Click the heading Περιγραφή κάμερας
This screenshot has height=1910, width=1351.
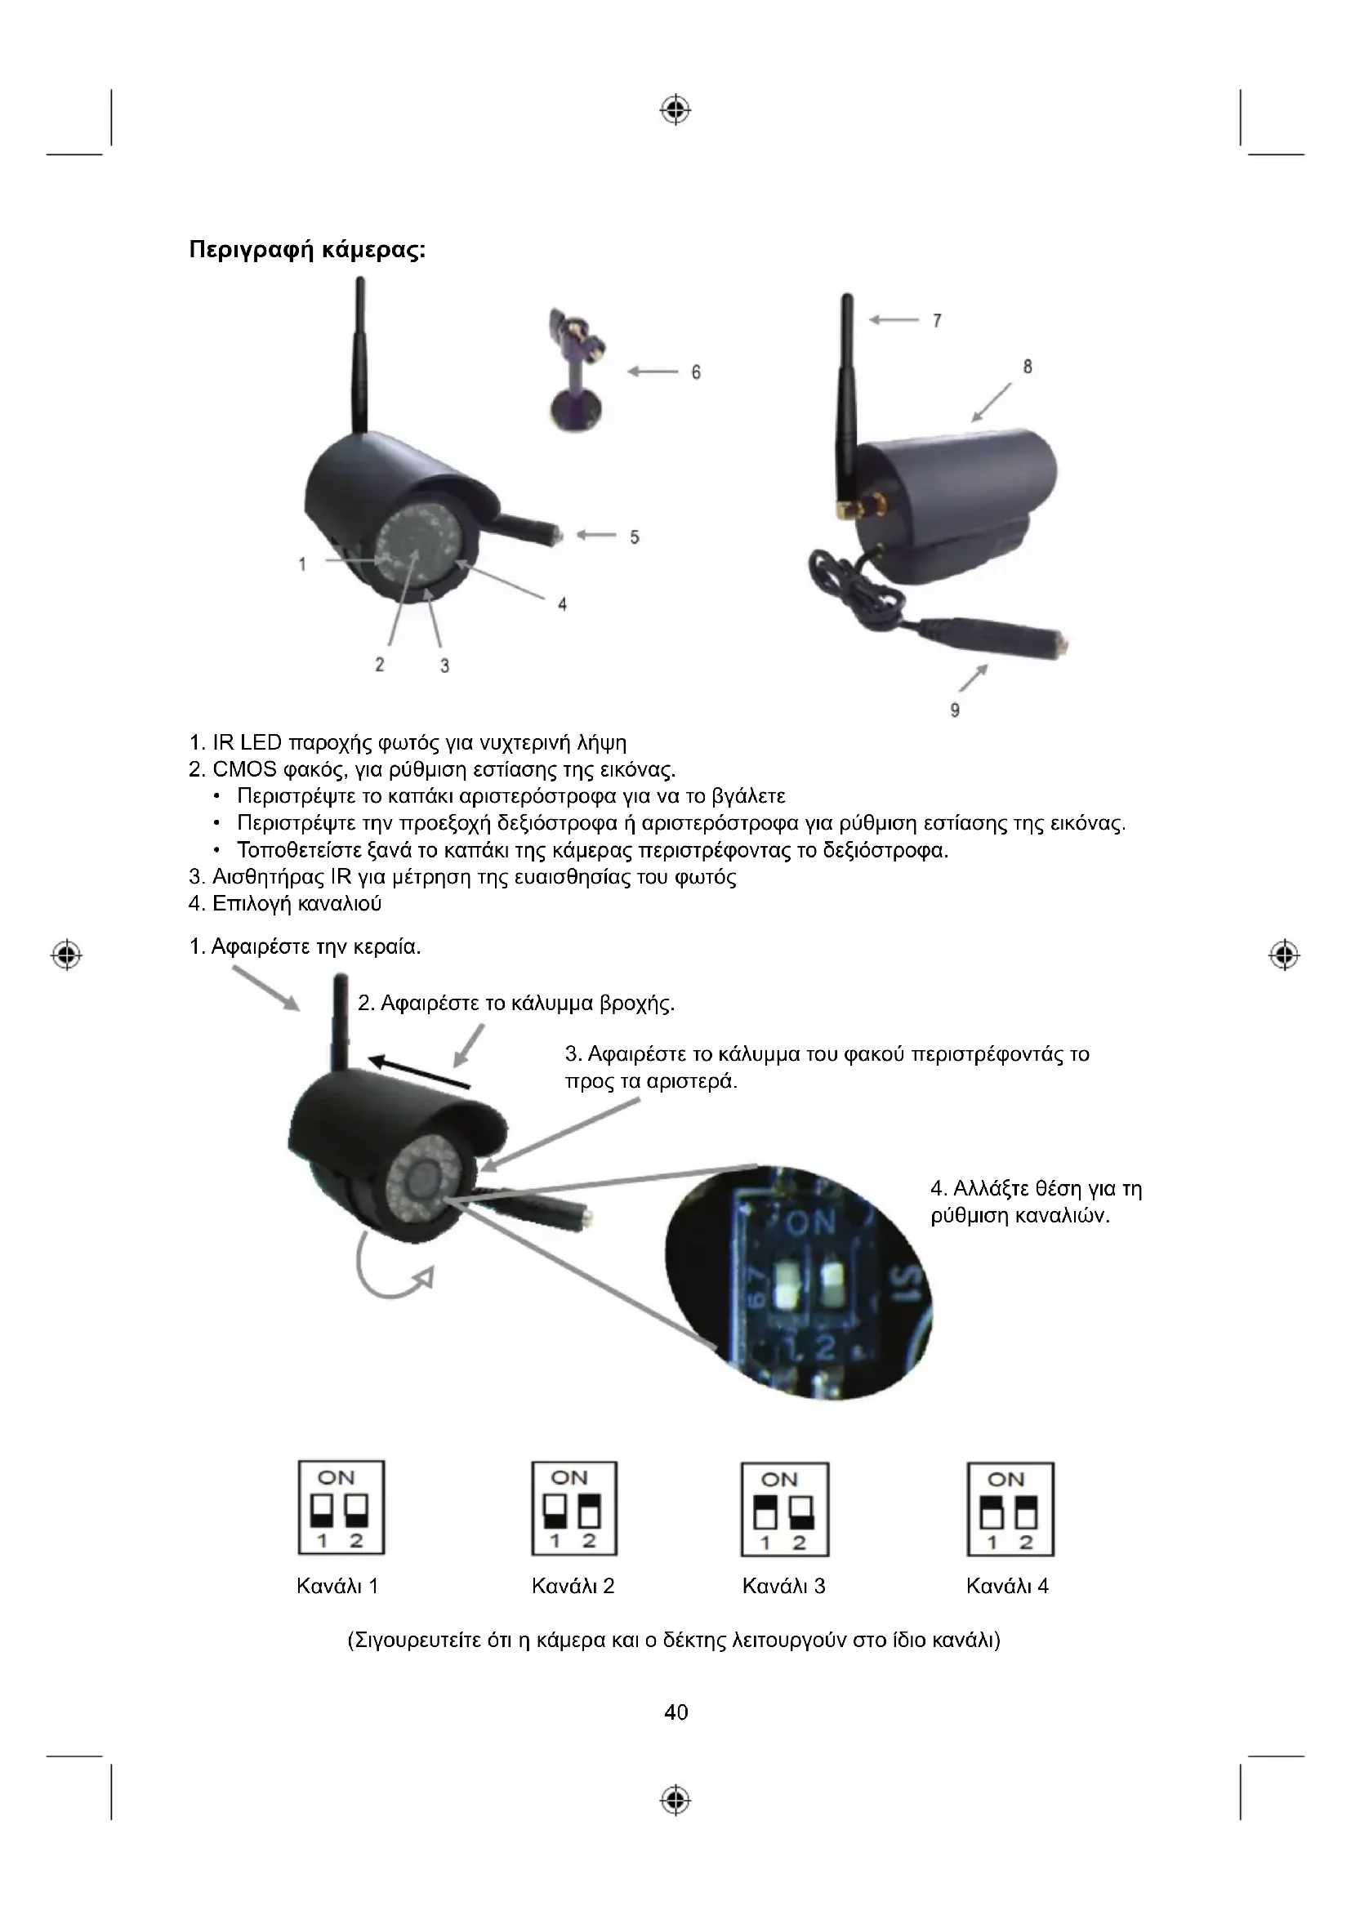coord(308,250)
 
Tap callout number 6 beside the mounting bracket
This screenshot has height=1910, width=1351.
coord(696,372)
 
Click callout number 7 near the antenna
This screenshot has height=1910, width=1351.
coord(938,320)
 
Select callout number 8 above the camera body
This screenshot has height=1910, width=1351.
coord(1028,367)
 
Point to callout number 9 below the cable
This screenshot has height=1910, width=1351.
coord(955,710)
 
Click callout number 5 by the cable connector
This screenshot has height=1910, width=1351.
coord(635,537)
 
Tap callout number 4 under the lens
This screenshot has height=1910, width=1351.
coord(562,605)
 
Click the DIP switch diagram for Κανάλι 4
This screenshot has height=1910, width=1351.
coord(1010,1508)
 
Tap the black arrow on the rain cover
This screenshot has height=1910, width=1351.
coord(419,1072)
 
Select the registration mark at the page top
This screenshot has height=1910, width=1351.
coord(676,109)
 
